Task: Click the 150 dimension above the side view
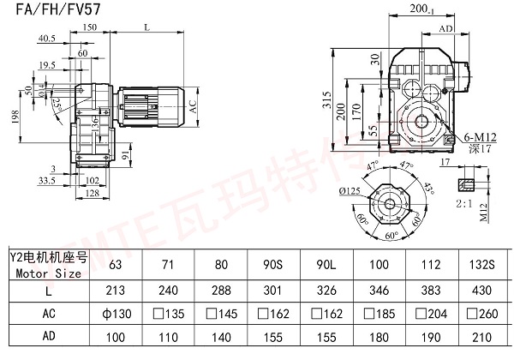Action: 114,27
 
